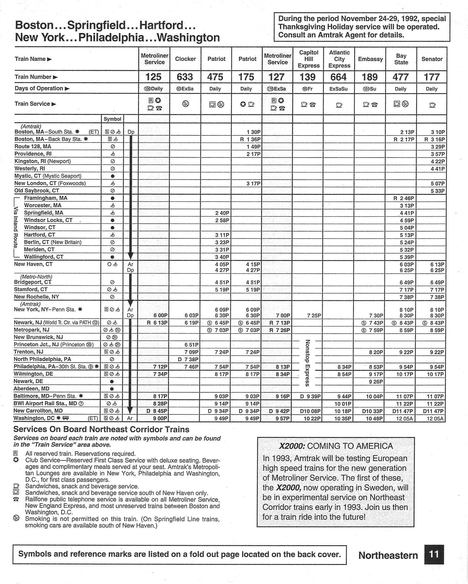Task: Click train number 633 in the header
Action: pos(185,77)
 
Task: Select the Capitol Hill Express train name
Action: pos(308,59)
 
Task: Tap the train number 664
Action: pos(338,77)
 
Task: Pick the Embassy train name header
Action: pos(370,59)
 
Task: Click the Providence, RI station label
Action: pos(33,154)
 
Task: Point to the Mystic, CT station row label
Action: pos(48,176)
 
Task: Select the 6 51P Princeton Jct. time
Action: pos(191,344)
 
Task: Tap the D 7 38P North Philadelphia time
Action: pos(188,359)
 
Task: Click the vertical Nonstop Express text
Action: pos(307,363)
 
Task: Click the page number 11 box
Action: pos(434,554)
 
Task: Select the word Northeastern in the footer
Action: pos(388,555)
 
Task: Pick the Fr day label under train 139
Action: pos(308,89)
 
